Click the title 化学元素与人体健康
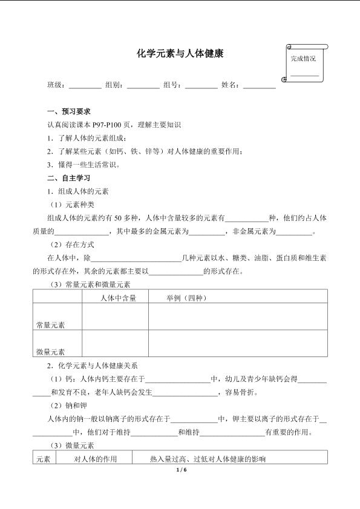180,54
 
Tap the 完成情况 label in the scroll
303,59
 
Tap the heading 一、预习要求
69,112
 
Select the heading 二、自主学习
69,179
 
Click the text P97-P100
106,125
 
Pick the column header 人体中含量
118,297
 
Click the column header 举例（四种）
187,297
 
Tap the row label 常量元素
51,325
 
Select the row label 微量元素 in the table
51,352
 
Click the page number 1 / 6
180,470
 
